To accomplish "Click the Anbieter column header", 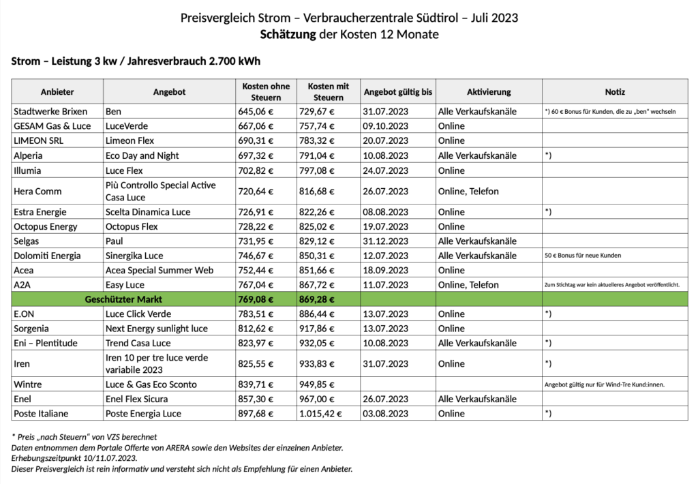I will click(x=57, y=92).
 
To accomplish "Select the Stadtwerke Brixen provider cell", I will click(x=50, y=111).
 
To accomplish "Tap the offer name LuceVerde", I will click(x=127, y=126).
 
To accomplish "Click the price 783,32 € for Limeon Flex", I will click(x=320, y=140).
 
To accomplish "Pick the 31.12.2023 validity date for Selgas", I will click(x=386, y=241).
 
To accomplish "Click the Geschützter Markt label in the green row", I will click(x=123, y=299).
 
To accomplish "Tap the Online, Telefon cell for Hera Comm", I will click(x=468, y=192).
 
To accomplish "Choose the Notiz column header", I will click(x=614, y=92).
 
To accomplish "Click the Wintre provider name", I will click(x=28, y=384).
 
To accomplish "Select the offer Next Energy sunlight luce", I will click(x=157, y=329).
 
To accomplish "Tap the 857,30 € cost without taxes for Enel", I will click(x=256, y=399).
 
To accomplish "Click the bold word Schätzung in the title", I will click(x=288, y=34).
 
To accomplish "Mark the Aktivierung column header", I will click(x=488, y=92).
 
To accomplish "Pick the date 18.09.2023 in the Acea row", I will click(x=386, y=270).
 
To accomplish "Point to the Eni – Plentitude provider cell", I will click(x=45, y=343).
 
